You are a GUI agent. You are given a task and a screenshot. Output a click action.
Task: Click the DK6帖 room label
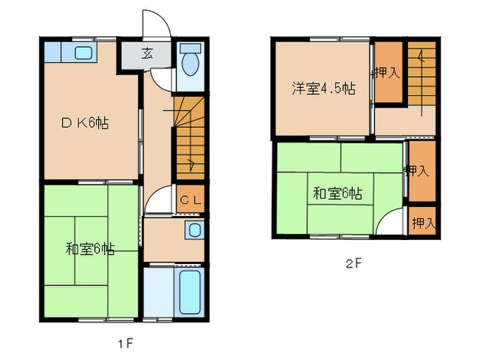(x=85, y=123)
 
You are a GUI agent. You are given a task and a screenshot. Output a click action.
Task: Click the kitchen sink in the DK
(x=83, y=53)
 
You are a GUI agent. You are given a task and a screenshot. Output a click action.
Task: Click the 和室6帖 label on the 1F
(x=90, y=249)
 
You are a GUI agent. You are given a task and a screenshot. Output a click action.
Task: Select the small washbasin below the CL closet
(x=194, y=230)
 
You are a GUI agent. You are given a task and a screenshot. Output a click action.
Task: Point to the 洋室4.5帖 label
(x=323, y=88)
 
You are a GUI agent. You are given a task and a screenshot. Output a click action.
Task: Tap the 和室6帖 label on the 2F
(x=337, y=193)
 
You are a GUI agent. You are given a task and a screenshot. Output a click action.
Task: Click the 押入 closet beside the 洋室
(x=387, y=73)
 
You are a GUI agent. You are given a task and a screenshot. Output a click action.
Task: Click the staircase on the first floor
(x=189, y=137)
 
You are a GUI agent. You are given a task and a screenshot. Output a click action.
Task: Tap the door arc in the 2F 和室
(x=394, y=223)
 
